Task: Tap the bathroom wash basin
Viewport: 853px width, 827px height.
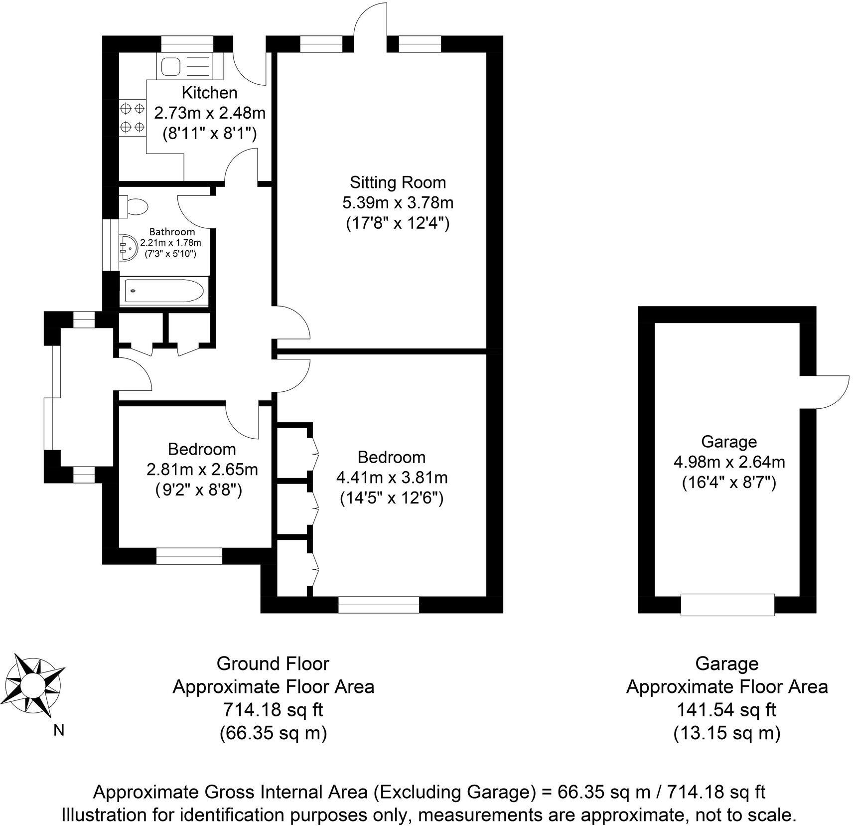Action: (129, 246)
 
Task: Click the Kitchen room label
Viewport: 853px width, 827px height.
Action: (209, 93)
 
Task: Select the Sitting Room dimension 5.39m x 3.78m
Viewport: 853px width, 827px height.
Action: (397, 203)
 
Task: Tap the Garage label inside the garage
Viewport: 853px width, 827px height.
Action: (728, 441)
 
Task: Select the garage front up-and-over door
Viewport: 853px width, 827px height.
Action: (727, 604)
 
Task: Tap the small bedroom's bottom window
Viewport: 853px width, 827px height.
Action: (189, 556)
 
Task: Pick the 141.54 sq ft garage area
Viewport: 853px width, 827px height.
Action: (726, 709)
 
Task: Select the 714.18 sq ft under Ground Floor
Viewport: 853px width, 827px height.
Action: (273, 709)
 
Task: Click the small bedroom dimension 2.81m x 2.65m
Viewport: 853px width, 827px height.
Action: (202, 470)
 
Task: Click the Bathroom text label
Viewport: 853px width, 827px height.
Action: (172, 232)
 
